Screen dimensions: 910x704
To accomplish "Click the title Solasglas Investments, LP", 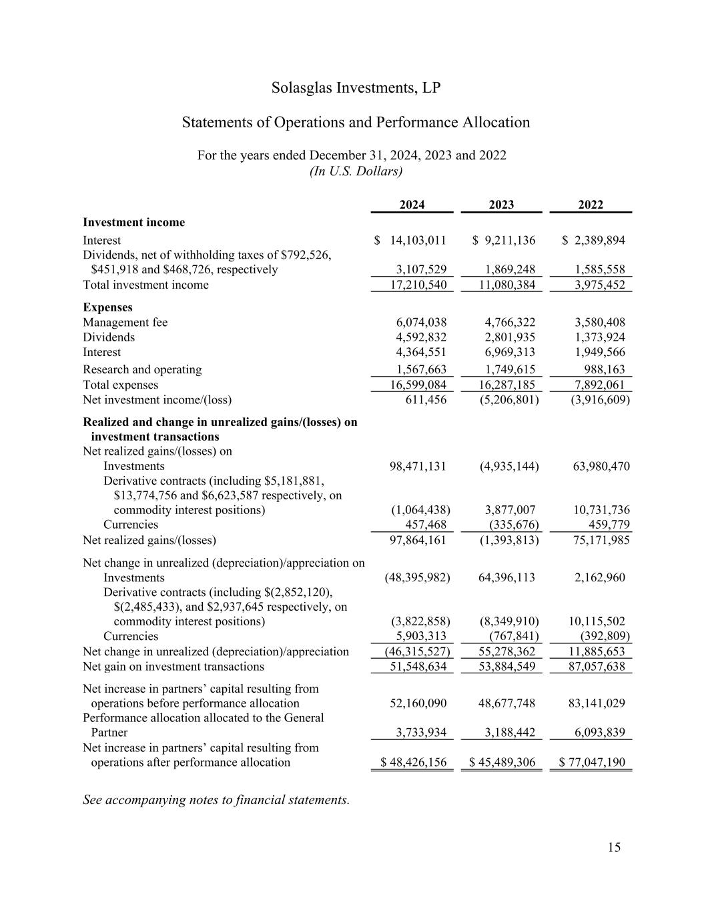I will pos(356,88).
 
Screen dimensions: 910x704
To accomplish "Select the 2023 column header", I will pos(501,205).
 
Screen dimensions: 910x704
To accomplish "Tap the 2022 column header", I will pos(591,205).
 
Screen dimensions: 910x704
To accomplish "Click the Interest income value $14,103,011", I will pos(410,240).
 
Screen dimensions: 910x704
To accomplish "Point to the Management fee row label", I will pos(125,322).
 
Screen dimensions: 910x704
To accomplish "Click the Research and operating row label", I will pos(142,369).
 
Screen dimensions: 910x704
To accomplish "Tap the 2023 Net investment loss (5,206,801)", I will pos(509,399).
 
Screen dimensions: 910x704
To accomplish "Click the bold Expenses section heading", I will pos(107,307).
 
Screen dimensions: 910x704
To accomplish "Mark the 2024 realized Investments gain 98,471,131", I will pos(418,466).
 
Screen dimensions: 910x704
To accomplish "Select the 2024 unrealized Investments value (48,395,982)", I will pos(417,577).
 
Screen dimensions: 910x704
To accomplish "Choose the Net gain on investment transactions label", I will pos(173,666).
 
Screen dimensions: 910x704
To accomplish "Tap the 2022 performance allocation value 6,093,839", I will pos(599,732).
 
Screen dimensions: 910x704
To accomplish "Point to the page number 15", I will pos(614,847).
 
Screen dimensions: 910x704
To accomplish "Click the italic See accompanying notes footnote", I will pos(216,799).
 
